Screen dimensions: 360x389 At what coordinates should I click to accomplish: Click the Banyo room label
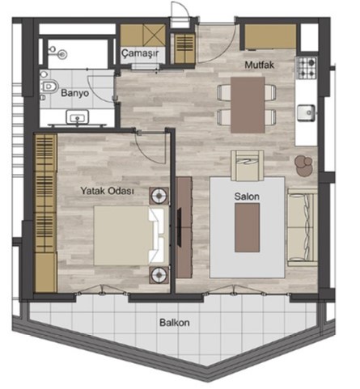74,93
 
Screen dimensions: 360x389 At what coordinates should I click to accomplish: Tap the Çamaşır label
140,53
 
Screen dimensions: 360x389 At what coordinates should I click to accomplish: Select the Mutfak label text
260,65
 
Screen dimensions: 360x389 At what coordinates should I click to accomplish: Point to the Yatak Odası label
107,191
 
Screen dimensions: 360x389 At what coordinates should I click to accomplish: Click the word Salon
247,197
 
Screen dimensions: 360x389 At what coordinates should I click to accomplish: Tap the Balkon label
175,323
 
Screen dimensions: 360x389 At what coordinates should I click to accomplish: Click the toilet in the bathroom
49,87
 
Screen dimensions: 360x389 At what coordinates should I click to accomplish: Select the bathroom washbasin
78,116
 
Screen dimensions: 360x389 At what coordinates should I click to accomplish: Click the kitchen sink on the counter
307,112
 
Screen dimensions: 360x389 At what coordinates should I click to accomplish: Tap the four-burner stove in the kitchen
307,68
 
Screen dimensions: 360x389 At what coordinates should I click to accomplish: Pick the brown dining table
248,105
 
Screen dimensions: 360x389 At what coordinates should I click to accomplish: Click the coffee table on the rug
247,227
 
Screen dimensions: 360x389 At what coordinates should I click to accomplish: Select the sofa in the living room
302,227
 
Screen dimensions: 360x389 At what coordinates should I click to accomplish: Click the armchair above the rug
248,165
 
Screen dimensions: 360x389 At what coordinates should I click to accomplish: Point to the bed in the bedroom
129,235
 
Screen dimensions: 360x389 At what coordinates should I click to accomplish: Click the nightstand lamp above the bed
159,196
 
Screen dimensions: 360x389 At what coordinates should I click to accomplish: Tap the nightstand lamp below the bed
159,275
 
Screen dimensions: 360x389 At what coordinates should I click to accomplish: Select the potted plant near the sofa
303,165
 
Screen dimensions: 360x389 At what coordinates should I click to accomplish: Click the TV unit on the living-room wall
184,227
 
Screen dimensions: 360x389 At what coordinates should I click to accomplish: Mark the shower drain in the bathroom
62,55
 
